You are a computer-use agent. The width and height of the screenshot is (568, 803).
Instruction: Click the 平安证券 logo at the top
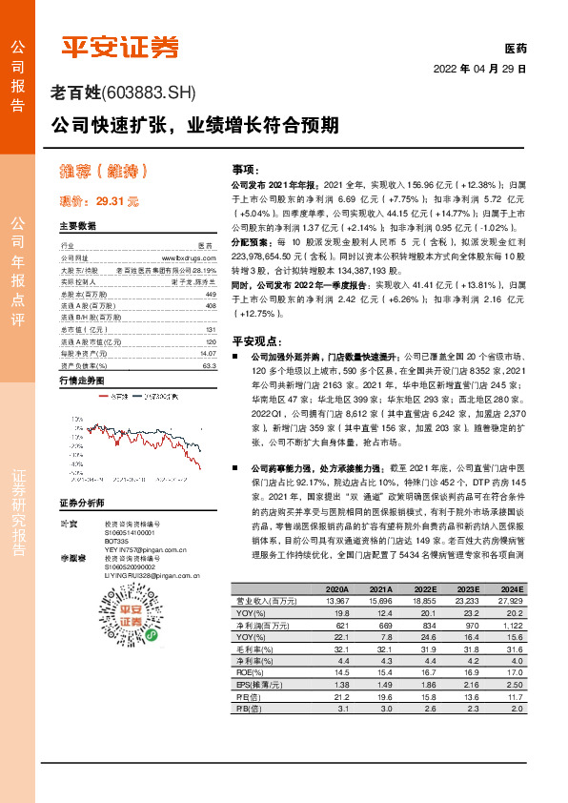coord(121,47)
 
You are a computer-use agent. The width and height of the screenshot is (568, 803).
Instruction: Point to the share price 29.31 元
coord(117,201)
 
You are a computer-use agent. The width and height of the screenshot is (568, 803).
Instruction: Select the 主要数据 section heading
coord(77,227)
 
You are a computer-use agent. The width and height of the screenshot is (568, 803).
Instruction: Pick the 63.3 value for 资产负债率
coord(209,365)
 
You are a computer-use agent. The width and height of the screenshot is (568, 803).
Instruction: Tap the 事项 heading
coord(246,168)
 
